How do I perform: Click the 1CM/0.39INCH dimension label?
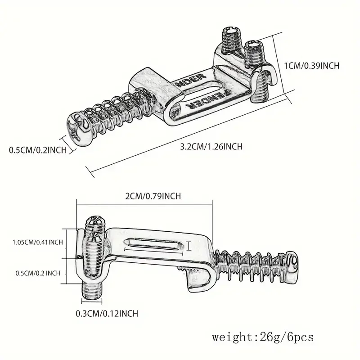(311, 66)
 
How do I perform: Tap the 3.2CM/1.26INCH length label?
(211, 147)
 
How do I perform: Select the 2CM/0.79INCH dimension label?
(153, 196)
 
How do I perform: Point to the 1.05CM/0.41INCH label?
(38, 242)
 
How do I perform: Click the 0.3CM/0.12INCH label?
(107, 313)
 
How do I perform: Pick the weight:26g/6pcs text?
(263, 337)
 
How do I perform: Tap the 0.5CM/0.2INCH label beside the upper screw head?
(38, 150)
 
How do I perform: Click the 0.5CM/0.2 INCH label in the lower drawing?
(38, 273)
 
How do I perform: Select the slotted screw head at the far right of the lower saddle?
(292, 262)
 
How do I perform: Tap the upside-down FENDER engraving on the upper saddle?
(210, 99)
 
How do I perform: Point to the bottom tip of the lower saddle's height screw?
(91, 298)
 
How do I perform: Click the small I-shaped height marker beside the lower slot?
(189, 246)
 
